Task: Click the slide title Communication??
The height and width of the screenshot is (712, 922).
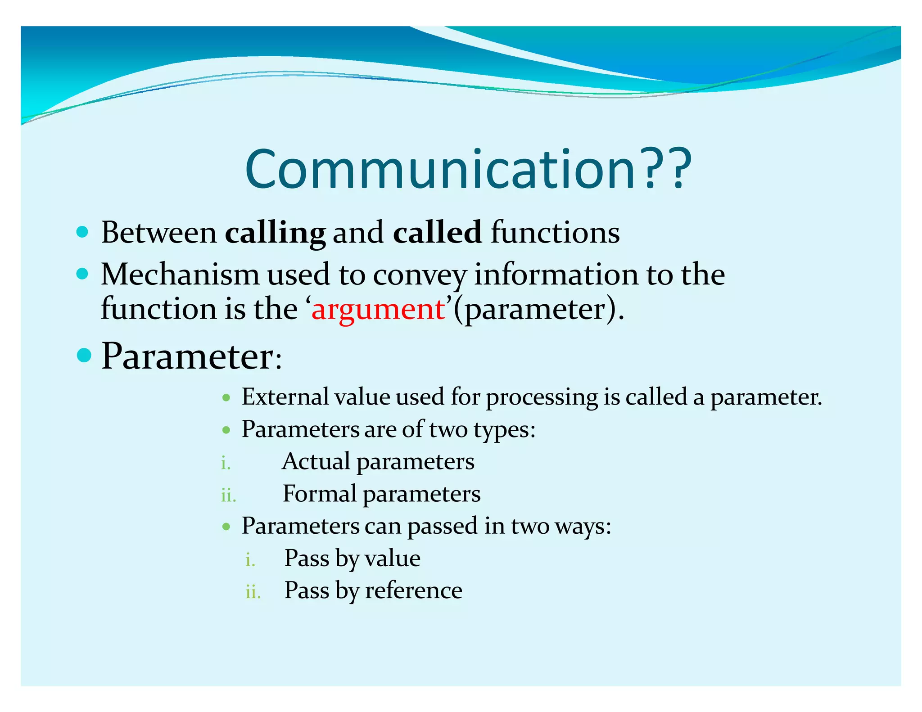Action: click(x=468, y=169)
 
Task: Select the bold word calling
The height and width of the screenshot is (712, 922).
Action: click(x=275, y=233)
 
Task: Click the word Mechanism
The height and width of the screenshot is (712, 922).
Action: click(x=180, y=274)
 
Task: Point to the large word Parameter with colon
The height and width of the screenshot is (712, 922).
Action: click(x=191, y=356)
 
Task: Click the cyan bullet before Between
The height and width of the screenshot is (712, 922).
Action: click(x=82, y=232)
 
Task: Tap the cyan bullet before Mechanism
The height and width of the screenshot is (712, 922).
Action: click(x=82, y=274)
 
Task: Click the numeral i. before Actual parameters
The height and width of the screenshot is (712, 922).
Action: click(x=226, y=463)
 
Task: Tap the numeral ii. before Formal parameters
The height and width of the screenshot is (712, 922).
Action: click(x=228, y=496)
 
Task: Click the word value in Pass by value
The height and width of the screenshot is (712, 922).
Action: click(x=392, y=559)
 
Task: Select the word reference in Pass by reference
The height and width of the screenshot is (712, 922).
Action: click(x=413, y=590)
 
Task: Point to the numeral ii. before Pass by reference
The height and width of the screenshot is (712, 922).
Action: click(x=253, y=592)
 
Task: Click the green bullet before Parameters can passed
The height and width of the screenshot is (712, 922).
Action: click(x=226, y=526)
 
